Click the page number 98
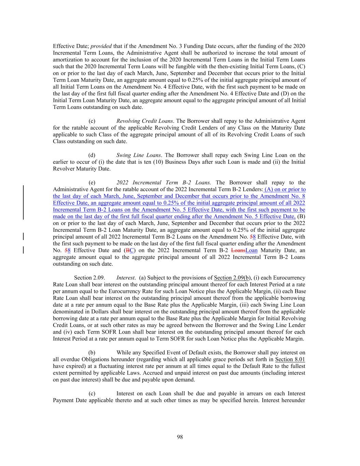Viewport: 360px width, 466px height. pyautogui.click(x=180, y=437)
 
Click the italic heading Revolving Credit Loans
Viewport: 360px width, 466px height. pyautogui.click(x=144, y=121)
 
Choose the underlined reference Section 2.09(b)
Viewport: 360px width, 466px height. pyautogui.click(x=233, y=278)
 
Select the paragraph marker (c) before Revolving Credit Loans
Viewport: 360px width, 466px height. pyautogui.click(x=92, y=121)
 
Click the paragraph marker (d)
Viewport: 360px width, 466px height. pyautogui.click(x=92, y=155)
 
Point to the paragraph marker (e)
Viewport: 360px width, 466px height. pyautogui.click(x=92, y=183)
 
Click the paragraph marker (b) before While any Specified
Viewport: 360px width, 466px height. pyautogui.click(x=92, y=353)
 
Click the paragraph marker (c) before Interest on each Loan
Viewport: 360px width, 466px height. pyautogui.click(x=92, y=394)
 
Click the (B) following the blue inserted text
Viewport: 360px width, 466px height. pyautogui.click(x=301, y=216)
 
